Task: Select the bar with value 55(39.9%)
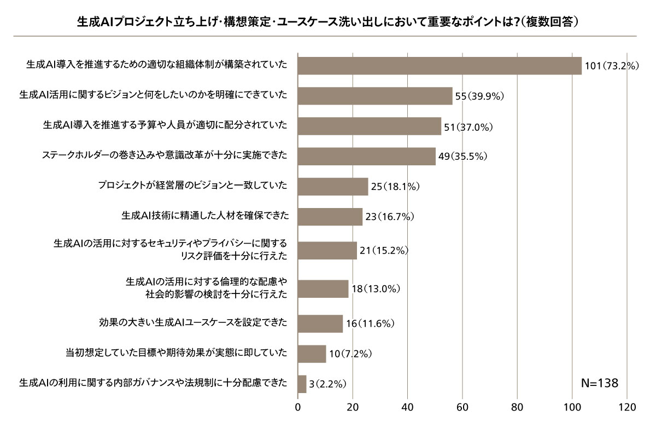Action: [375, 96]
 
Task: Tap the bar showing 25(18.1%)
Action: [333, 187]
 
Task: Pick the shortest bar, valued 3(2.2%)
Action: [302, 384]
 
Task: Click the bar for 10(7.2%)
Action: [312, 354]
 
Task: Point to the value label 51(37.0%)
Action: [468, 126]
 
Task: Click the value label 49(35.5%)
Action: [462, 157]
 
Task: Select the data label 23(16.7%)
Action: [390, 217]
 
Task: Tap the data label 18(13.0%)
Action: [376, 288]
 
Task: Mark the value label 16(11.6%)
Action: [370, 324]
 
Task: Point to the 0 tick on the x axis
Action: [298, 408]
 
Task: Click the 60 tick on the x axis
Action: [462, 408]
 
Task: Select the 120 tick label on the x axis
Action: [626, 408]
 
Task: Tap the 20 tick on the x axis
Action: [353, 408]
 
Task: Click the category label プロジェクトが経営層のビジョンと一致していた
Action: [192, 187]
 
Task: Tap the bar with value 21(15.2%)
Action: [327, 250]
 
